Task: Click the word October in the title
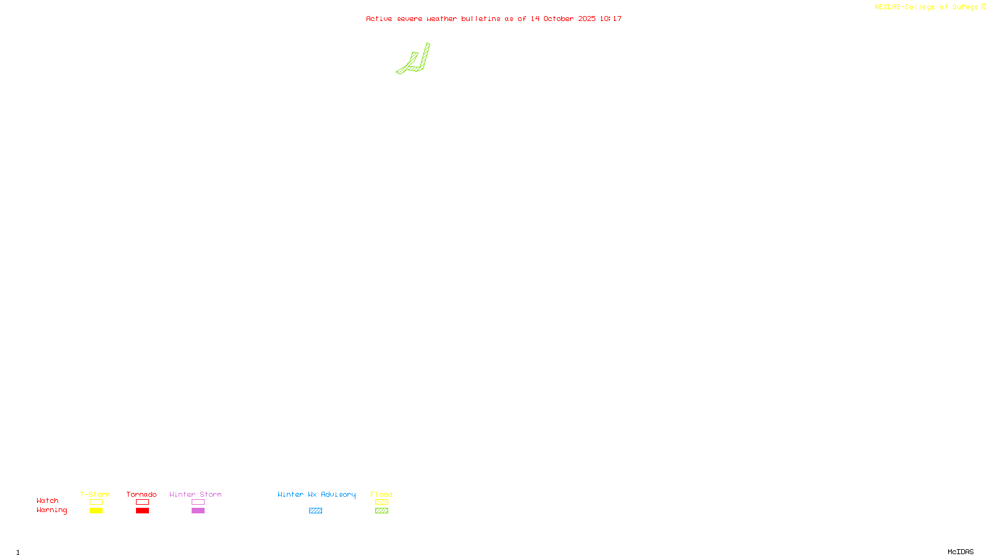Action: coord(558,19)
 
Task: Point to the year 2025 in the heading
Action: coord(587,19)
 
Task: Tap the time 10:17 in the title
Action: coord(611,19)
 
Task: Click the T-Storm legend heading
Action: coord(95,494)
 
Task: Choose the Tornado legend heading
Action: coord(142,494)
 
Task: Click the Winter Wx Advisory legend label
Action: coord(316,494)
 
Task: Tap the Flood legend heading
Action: coord(381,494)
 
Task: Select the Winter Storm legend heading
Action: coord(195,494)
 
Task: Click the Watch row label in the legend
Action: coord(48,500)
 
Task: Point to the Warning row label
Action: coord(51,510)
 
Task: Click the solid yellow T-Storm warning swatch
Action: coord(96,511)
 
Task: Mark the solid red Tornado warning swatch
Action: coord(142,511)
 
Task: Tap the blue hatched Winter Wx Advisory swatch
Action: coord(315,511)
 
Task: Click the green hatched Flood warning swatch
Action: coord(381,511)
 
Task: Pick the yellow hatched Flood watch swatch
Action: coord(381,502)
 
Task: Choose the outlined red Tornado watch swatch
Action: coord(142,502)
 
